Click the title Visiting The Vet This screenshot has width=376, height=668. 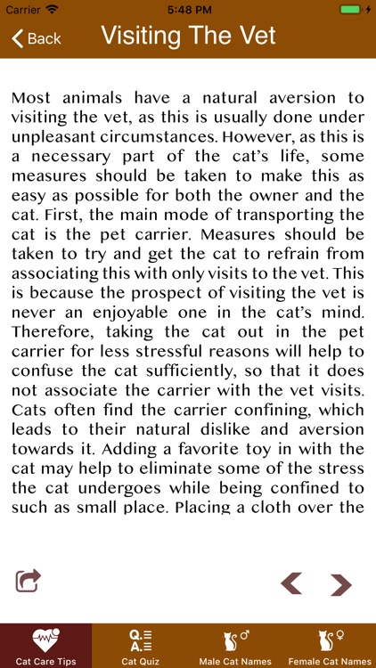point(188,37)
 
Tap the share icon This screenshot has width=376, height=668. point(29,581)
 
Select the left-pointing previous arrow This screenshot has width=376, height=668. point(291,583)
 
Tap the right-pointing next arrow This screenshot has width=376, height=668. point(340,584)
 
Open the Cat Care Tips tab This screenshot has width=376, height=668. point(45,646)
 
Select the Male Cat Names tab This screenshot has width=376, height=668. point(234,646)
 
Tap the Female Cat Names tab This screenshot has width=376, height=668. point(330,646)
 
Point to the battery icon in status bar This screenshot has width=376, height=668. point(351,9)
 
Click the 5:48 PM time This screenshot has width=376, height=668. point(188,9)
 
